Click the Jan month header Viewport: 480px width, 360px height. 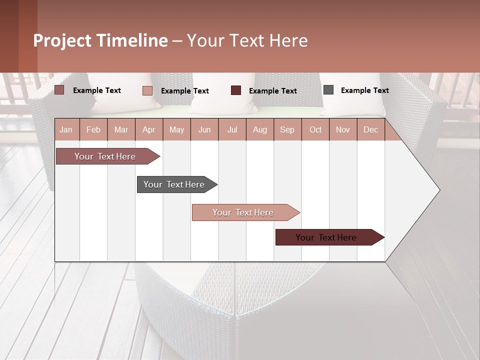pyautogui.click(x=66, y=129)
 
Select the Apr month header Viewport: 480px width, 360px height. pyautogui.click(x=148, y=129)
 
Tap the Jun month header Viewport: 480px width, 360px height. pyautogui.click(x=204, y=129)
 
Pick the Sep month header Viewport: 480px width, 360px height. pyautogui.click(x=287, y=129)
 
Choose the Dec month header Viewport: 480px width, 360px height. pyautogui.click(x=370, y=129)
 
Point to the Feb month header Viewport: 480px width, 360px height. pyautogui.click(x=93, y=129)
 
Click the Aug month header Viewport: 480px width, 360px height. pyautogui.click(x=259, y=129)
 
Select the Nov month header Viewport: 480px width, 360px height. pyautogui.click(x=342, y=129)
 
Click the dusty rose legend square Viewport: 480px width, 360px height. pyautogui.click(x=59, y=90)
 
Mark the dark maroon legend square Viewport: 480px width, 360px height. pyautogui.click(x=236, y=90)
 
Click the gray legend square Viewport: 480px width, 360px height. pyautogui.click(x=328, y=90)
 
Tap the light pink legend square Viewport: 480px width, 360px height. pyautogui.click(x=147, y=90)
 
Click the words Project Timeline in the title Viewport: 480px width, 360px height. pyautogui.click(x=100, y=40)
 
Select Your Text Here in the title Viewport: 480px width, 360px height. pyautogui.click(x=247, y=40)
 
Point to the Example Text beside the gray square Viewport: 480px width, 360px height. pyautogui.click(x=364, y=90)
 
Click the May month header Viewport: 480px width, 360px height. pyautogui.click(x=176, y=129)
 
